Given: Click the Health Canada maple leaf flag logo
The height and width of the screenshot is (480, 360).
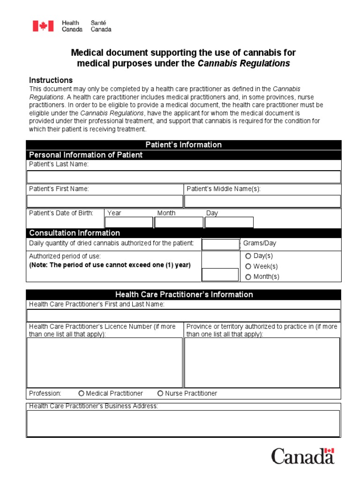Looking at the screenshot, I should pyautogui.click(x=43, y=26).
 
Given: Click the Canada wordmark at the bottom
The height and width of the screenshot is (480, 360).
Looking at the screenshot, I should pyautogui.click(x=303, y=456).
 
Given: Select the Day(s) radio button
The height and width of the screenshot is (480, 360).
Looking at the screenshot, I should pyautogui.click(x=248, y=256).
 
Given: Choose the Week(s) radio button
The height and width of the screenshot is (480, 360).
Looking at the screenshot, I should pyautogui.click(x=248, y=266).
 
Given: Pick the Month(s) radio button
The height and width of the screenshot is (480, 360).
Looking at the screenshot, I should pyautogui.click(x=248, y=277).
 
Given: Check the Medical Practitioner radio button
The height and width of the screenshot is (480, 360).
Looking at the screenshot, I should pyautogui.click(x=82, y=393).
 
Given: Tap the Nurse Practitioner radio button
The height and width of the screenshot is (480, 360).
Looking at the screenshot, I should pyautogui.click(x=160, y=393).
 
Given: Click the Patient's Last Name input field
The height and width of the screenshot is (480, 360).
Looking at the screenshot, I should pyautogui.click(x=183, y=177).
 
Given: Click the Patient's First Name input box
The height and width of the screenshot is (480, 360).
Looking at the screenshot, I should pyautogui.click(x=105, y=201).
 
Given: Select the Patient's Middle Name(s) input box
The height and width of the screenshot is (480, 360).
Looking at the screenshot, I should pyautogui.click(x=262, y=201).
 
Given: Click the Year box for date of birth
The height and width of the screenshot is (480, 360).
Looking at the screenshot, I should pyautogui.click(x=128, y=222).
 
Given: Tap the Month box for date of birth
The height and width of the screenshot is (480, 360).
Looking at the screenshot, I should pyautogui.click(x=179, y=222).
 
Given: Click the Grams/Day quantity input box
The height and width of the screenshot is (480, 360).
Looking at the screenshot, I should pyautogui.click(x=220, y=244).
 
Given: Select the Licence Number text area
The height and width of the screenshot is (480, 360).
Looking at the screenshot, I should pyautogui.click(x=105, y=362).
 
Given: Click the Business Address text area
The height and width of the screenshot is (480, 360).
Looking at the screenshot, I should pyautogui.click(x=183, y=423).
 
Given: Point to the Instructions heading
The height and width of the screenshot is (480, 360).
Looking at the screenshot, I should pyautogui.click(x=51, y=80).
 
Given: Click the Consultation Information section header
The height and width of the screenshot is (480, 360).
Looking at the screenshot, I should pyautogui.click(x=75, y=233).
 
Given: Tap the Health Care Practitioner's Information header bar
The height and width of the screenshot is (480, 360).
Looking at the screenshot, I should pyautogui.click(x=184, y=294).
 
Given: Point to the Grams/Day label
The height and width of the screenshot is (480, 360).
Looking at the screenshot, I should pyautogui.click(x=259, y=243).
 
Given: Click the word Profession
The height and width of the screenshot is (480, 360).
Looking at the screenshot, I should pyautogui.click(x=45, y=393).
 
